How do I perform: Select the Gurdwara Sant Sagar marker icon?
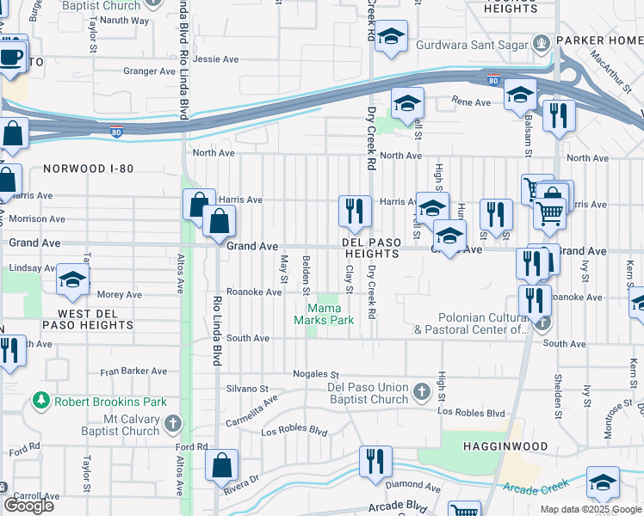(x=541, y=41)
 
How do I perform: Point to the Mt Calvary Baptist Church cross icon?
(x=173, y=424)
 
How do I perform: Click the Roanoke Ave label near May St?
(x=249, y=292)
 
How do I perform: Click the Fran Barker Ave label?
(x=133, y=371)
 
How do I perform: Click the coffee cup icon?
(x=11, y=56)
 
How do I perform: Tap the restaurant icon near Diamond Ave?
(x=375, y=462)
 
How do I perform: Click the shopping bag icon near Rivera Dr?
(x=222, y=465)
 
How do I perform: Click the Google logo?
(x=28, y=506)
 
